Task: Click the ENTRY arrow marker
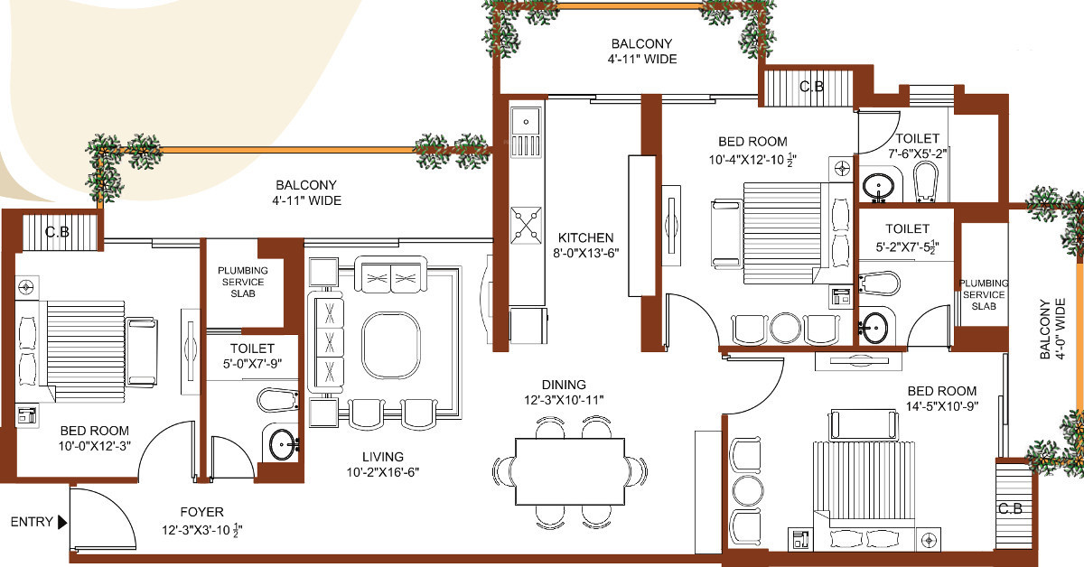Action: (x=62, y=522)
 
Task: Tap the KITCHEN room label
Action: (x=585, y=237)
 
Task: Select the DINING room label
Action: (x=564, y=385)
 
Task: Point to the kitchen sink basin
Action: (x=526, y=122)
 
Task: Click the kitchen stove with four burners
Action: (x=526, y=225)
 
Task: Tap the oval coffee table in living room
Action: (x=391, y=345)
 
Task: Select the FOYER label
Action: (x=201, y=512)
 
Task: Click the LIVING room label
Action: (x=383, y=457)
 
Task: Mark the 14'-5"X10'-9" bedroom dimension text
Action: (x=941, y=406)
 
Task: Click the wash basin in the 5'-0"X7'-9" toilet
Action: (x=283, y=444)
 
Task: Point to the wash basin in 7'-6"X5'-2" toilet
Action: (x=878, y=187)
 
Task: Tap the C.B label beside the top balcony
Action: (x=811, y=87)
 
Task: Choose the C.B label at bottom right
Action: (x=1011, y=508)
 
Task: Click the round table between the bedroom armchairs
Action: (x=785, y=328)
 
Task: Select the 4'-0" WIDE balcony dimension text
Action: (x=1061, y=329)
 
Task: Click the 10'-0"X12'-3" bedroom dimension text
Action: (x=94, y=446)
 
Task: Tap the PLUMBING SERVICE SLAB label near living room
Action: (x=242, y=282)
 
